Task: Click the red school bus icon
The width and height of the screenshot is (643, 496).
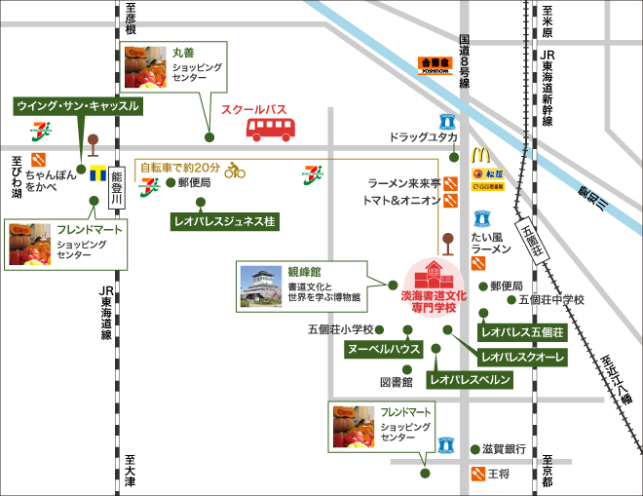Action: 271,129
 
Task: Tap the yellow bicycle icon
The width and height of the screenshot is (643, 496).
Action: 235,171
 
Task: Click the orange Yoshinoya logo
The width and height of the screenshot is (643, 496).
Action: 436,65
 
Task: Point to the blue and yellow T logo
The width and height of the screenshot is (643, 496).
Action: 96,175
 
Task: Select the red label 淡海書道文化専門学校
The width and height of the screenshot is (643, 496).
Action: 435,299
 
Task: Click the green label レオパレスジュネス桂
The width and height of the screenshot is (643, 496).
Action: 224,221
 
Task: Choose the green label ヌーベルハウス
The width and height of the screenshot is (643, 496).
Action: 383,349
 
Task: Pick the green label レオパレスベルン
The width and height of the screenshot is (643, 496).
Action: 470,380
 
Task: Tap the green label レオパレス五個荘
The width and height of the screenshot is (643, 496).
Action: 522,332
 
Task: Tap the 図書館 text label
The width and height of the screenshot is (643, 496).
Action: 397,381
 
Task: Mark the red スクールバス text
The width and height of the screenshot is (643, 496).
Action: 257,110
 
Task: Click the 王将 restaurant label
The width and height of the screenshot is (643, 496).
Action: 498,475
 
